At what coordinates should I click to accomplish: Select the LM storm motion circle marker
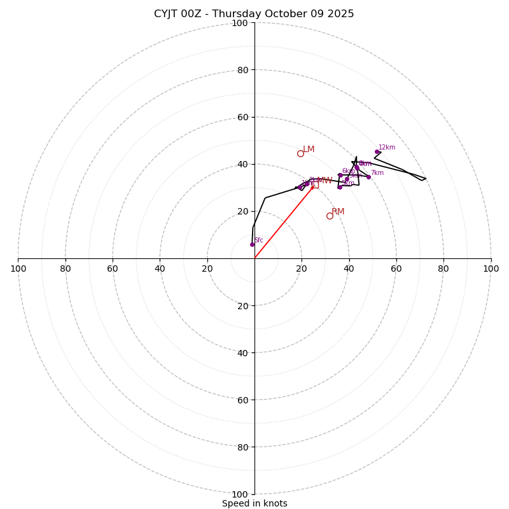point(300,153)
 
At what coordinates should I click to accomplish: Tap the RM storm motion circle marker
point(330,216)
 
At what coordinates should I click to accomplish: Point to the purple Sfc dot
point(252,244)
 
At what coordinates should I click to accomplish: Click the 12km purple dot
point(377,152)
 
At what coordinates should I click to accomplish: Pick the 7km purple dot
point(368,177)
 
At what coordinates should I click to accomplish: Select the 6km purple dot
point(340,175)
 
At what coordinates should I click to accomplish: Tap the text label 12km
point(387,148)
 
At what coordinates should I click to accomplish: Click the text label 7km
point(377,173)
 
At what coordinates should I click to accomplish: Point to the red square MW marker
point(315,185)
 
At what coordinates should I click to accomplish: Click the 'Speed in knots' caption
point(254,504)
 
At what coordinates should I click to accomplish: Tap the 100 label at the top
point(240,23)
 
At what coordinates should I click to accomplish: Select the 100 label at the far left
point(18,268)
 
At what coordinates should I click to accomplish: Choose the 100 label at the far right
point(491,268)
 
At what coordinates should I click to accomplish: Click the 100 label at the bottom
point(240,494)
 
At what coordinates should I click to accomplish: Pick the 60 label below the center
point(242,400)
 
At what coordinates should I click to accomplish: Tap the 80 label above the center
point(242,70)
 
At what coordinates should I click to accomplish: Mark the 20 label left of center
point(207,268)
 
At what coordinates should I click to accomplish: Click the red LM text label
point(309,150)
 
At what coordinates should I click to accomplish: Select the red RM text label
point(338,212)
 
